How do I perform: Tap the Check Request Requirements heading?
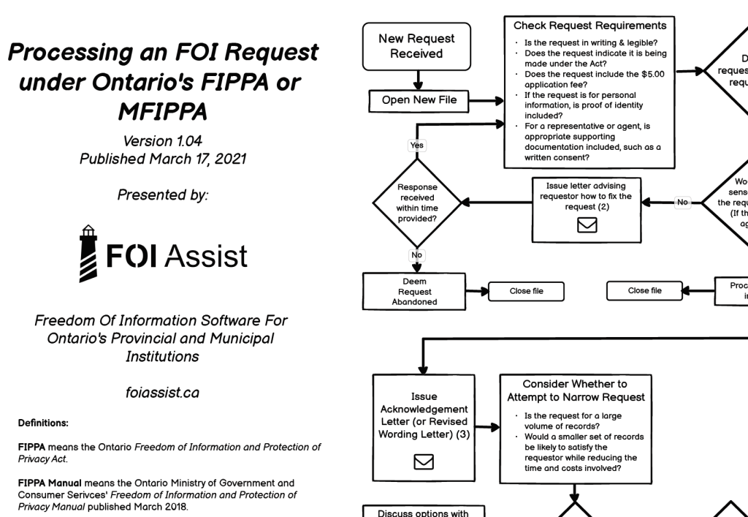point(589,26)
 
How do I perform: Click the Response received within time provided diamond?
point(417,203)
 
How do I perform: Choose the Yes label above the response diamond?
point(417,146)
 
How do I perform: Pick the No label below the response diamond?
point(417,256)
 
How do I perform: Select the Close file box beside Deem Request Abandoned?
point(526,291)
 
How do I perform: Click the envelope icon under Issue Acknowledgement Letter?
point(424,461)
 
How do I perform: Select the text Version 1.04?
point(161,141)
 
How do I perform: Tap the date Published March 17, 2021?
point(161,159)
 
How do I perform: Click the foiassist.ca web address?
point(161,393)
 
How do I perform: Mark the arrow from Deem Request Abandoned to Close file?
point(477,291)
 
